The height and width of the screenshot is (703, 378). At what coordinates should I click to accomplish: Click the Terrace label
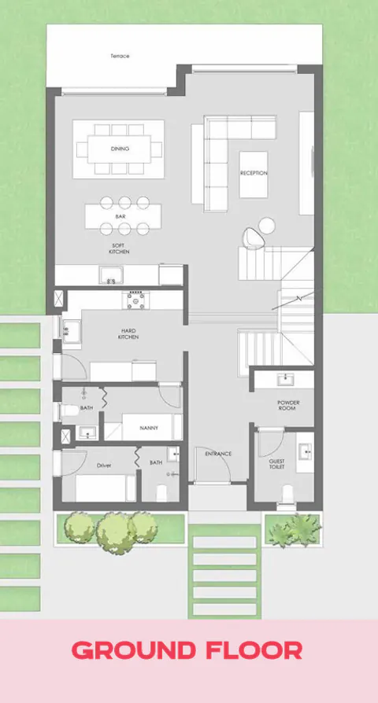pos(120,56)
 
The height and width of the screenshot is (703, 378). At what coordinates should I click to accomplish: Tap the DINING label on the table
pos(120,149)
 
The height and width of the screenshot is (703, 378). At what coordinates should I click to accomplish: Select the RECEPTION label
pos(254,173)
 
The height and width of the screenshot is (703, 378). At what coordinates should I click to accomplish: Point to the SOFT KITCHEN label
pos(120,248)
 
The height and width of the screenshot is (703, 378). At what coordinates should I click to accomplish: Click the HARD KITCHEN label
pos(129,333)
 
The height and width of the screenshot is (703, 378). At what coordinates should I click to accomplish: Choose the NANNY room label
pos(149,428)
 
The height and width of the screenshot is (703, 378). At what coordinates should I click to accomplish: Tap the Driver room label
pos(104,466)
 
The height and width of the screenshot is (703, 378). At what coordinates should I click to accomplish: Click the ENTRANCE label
pos(217,454)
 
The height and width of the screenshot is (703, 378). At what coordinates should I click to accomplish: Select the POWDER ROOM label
pos(288,406)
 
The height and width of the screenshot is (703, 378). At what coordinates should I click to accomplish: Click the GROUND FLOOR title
pos(187,651)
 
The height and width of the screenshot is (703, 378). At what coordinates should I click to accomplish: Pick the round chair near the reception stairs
pos(251,236)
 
